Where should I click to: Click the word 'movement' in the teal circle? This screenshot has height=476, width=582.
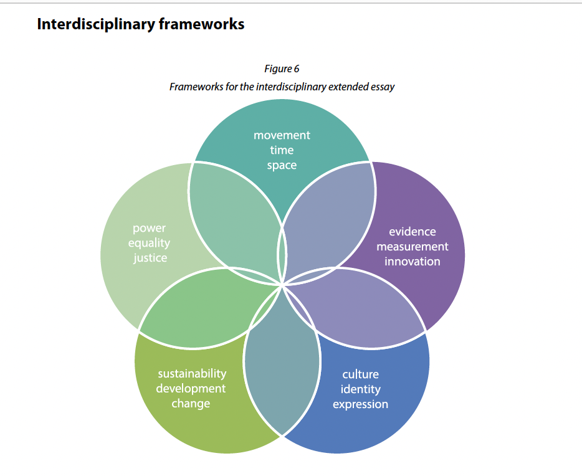(282, 135)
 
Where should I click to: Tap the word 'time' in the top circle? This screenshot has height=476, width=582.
(282, 150)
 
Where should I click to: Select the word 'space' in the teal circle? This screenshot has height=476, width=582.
(282, 165)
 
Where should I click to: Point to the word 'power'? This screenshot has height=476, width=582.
(150, 228)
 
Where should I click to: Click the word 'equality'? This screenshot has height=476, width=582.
(150, 243)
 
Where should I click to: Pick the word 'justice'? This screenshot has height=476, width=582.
(150, 257)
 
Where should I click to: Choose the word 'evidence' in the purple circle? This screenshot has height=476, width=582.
(412, 232)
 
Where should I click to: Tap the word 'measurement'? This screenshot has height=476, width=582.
(412, 246)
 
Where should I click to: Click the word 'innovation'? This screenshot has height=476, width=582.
(412, 261)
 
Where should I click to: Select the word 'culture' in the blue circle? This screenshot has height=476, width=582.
(360, 374)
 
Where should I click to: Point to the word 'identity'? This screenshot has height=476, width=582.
(360, 389)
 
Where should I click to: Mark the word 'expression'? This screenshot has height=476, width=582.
(360, 404)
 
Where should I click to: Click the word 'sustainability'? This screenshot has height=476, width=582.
(191, 374)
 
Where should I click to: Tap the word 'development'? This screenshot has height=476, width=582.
(191, 389)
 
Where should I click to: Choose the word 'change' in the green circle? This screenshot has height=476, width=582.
(191, 404)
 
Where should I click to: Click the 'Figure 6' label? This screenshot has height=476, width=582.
(282, 69)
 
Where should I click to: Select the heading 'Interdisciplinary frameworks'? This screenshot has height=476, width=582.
(140, 24)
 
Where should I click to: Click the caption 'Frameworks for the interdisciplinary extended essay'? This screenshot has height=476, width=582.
(282, 87)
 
